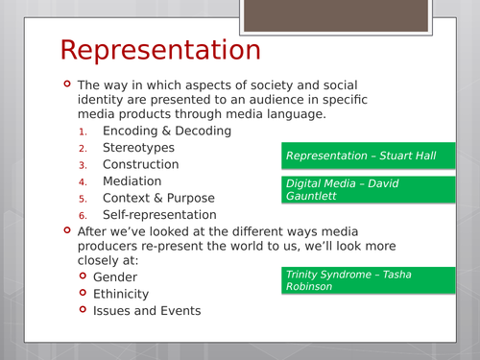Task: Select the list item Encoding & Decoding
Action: click(x=166, y=131)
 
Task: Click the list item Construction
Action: click(x=140, y=164)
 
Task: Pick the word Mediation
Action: click(x=132, y=180)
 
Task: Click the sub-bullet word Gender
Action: click(x=122, y=276)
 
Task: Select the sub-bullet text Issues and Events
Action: click(x=147, y=310)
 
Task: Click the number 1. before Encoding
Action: click(x=84, y=132)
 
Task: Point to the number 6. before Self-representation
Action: click(x=84, y=215)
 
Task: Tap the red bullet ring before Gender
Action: click(x=84, y=276)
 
